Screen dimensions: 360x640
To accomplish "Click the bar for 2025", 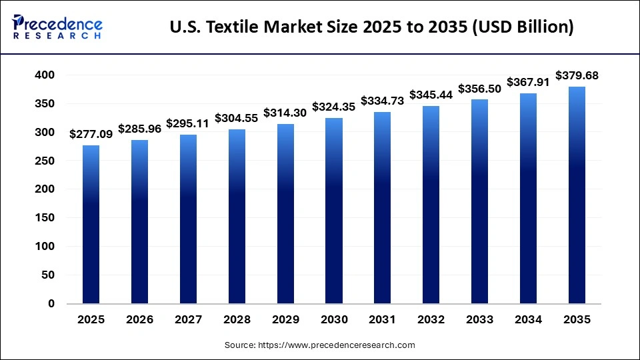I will (x=91, y=224).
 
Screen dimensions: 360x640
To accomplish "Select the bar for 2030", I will (x=334, y=211).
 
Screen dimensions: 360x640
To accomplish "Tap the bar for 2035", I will (x=577, y=195).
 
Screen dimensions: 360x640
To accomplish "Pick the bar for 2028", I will (x=237, y=216).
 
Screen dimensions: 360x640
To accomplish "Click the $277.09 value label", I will (x=91, y=135).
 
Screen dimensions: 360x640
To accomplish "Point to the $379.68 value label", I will (x=577, y=76).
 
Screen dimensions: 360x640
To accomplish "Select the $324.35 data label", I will (x=334, y=107).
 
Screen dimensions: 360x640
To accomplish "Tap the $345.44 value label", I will (x=431, y=95).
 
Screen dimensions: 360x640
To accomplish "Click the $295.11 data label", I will (x=188, y=123).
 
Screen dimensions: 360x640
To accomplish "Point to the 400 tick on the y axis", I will (x=45, y=75).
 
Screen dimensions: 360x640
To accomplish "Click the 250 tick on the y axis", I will (x=45, y=161).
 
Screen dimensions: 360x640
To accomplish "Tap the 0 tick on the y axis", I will (x=51, y=303).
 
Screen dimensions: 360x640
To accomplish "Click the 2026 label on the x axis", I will (x=140, y=320).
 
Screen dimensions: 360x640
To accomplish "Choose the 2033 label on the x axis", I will (x=480, y=320).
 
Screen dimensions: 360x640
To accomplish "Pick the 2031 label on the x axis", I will (x=383, y=320).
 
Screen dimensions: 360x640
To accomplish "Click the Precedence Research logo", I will (x=57, y=27).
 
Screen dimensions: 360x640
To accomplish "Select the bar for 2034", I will (x=528, y=198).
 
